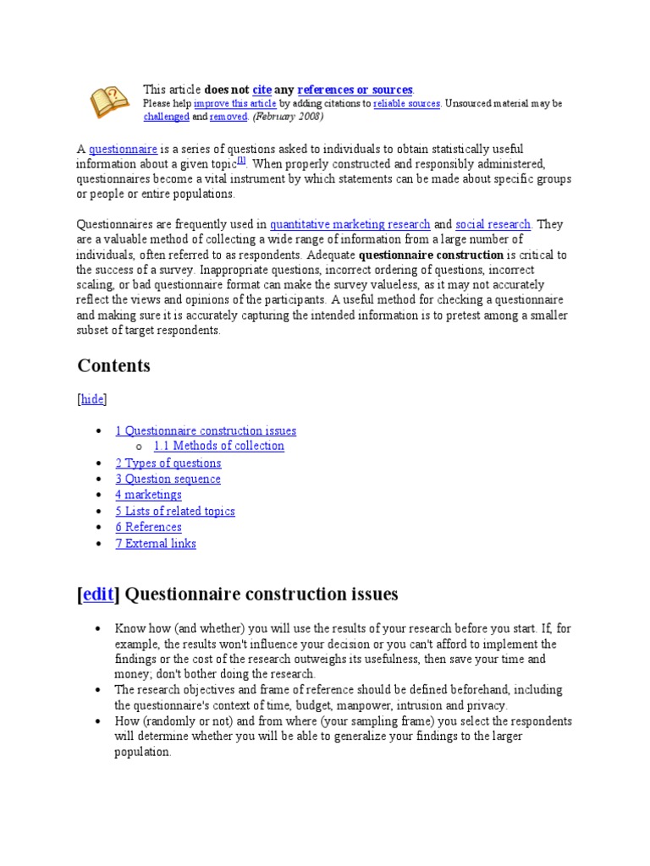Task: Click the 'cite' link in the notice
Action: point(262,90)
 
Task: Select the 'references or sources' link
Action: point(355,90)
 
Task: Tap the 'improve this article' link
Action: point(235,103)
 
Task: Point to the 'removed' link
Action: point(228,117)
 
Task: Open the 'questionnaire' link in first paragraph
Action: point(123,149)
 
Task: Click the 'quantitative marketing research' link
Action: point(350,224)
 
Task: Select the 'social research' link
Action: point(493,224)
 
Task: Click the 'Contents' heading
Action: point(113,365)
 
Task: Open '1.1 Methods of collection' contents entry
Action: point(218,446)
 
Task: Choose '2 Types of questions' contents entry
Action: point(168,463)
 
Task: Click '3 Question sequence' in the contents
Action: point(168,479)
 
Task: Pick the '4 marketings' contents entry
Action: point(148,495)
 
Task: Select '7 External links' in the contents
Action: point(156,543)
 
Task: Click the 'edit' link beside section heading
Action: point(97,595)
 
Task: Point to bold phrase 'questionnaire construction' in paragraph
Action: point(431,255)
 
